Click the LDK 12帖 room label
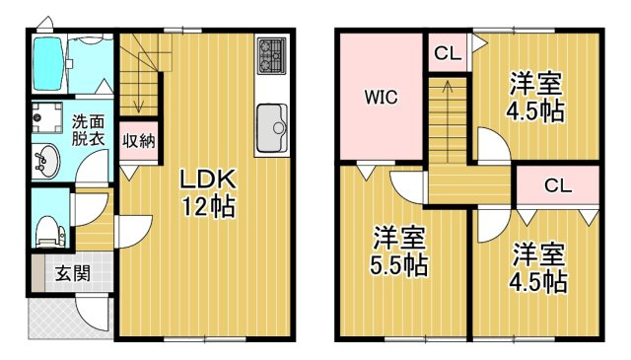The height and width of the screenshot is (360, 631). point(207,192)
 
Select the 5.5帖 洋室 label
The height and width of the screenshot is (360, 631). point(399,251)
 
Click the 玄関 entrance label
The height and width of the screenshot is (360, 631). point(72,272)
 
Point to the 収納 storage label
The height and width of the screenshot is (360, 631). point(138,141)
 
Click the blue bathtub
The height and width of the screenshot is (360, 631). point(47,66)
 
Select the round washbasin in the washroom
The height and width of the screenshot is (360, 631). point(45,159)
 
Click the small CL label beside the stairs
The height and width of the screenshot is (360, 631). point(447,54)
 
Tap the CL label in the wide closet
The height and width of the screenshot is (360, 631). point(557,184)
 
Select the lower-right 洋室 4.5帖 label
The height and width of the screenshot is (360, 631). point(538,267)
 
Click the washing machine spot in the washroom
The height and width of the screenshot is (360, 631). point(45,117)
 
